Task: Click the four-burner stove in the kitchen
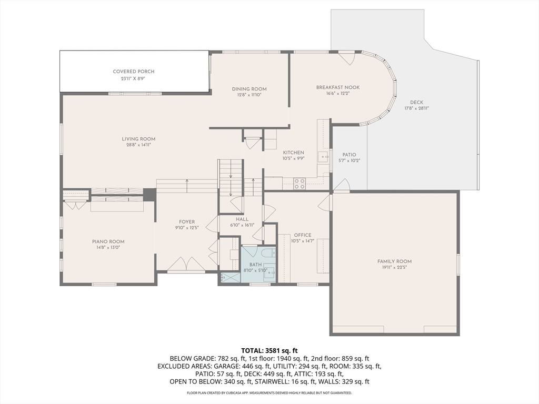(x=300, y=184)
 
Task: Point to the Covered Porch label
(x=134, y=72)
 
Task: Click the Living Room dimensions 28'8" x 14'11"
(x=138, y=145)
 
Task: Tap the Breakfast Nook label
(x=337, y=87)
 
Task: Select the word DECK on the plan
(x=416, y=103)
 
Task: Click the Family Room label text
(x=394, y=261)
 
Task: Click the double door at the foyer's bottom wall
(x=186, y=265)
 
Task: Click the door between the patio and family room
(x=342, y=186)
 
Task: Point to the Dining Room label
(x=249, y=89)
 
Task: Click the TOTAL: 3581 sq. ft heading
(x=269, y=350)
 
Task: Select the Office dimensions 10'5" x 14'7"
(x=302, y=241)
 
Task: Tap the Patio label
(x=349, y=155)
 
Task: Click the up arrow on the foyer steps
(x=187, y=182)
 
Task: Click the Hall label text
(x=242, y=219)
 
